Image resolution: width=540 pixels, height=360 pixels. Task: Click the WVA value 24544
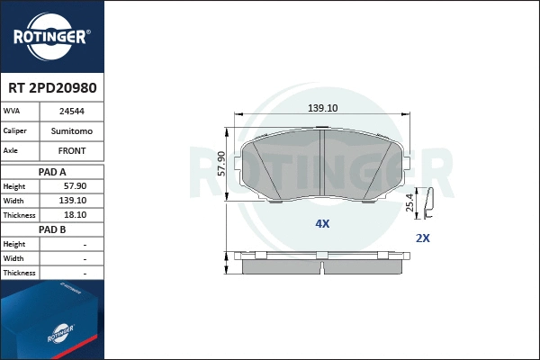pyautogui.click(x=72, y=112)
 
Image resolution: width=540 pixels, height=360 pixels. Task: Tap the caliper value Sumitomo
pyautogui.click(x=72, y=131)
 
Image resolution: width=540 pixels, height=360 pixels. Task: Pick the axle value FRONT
pyautogui.click(x=72, y=151)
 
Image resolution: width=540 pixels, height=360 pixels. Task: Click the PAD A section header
pyautogui.click(x=52, y=171)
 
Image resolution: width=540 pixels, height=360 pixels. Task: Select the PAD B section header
pyautogui.click(x=52, y=229)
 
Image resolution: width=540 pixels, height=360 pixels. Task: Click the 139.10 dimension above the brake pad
pyautogui.click(x=322, y=108)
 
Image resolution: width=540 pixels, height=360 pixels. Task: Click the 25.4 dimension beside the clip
pyautogui.click(x=410, y=203)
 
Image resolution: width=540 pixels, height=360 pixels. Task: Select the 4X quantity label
pyautogui.click(x=322, y=223)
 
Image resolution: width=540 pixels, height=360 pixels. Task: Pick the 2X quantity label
pyautogui.click(x=423, y=238)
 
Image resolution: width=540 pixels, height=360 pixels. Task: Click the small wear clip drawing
pyautogui.click(x=429, y=204)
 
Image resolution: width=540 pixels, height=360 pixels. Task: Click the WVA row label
pyautogui.click(x=13, y=112)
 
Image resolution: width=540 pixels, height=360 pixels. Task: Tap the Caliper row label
pyautogui.click(x=16, y=131)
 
